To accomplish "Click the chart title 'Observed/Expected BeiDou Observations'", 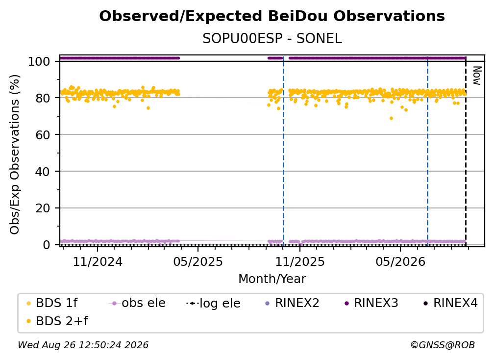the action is click(272, 16).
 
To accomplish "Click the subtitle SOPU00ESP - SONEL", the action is click(272, 39).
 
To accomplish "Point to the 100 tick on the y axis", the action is click(39, 61).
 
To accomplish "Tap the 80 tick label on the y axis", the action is click(43, 98).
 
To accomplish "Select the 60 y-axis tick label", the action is click(43, 134).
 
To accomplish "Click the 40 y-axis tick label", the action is click(43, 172).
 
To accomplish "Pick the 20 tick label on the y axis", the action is click(43, 208).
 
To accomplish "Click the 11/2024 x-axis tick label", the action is click(98, 261).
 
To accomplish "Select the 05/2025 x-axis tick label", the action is click(198, 261).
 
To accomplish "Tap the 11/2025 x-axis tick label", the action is click(300, 261).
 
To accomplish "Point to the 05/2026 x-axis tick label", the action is click(400, 261).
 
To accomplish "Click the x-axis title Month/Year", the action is click(272, 279).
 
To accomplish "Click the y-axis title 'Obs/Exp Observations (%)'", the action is click(15, 154).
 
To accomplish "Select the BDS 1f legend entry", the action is click(52, 303).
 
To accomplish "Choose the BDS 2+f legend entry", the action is click(57, 321).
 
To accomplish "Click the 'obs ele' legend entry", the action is click(137, 303).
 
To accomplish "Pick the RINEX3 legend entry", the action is click(371, 303).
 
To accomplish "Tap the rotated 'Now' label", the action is click(477, 76).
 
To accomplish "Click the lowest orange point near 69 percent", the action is click(391, 118).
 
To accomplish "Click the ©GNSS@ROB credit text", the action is click(443, 345).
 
